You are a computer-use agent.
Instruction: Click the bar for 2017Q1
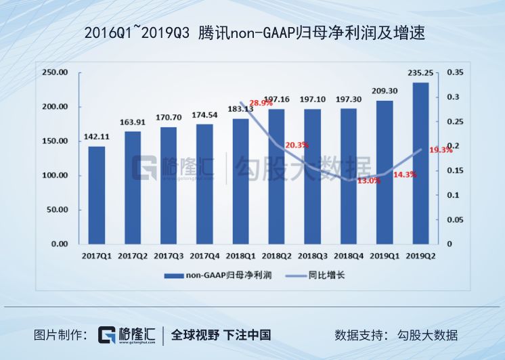pos(96,195)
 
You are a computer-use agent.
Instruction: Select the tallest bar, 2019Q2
pos(420,163)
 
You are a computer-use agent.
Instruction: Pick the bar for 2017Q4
pos(204,183)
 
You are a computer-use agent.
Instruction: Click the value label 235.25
pos(420,74)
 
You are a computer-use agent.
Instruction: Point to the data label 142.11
pos(96,137)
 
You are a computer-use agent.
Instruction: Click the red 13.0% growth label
pos(369,181)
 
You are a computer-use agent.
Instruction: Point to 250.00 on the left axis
pos(55,72)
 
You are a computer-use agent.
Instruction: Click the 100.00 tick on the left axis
pos(55,175)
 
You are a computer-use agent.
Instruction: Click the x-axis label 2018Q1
pos(240,256)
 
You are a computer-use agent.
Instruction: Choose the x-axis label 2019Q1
pos(385,256)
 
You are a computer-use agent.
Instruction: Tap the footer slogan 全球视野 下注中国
pos(221,335)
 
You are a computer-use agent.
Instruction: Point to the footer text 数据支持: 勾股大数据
pos(396,335)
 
